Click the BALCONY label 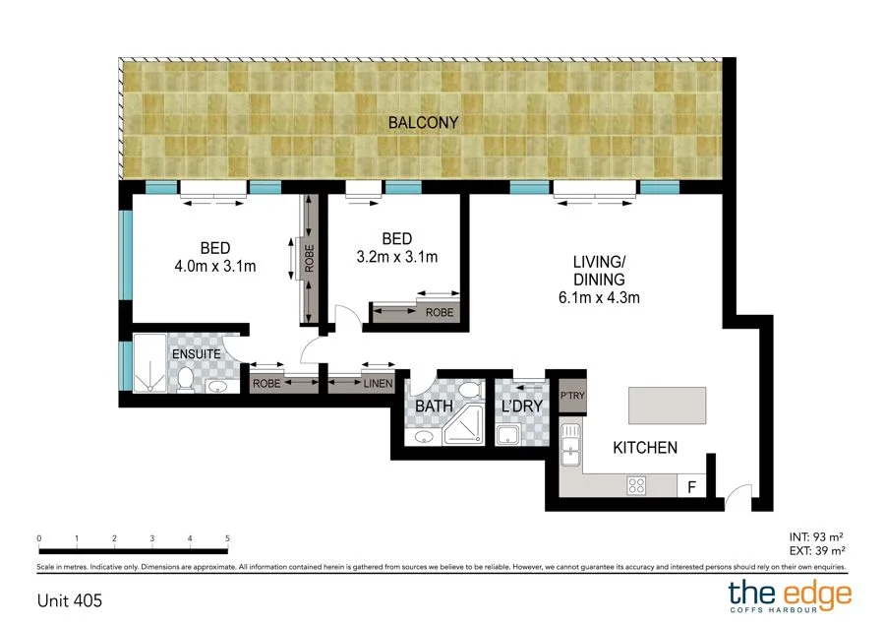tap(423, 123)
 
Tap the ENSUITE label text tap(194, 352)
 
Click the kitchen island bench tap(668, 404)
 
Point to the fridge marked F tap(691, 485)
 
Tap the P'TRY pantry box tap(572, 396)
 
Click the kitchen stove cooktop tap(636, 484)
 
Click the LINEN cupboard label tap(378, 384)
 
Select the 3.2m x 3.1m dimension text tap(396, 257)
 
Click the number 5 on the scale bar tap(228, 538)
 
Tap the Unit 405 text tap(69, 598)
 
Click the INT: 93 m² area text tap(817, 535)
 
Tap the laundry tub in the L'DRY tap(508, 435)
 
